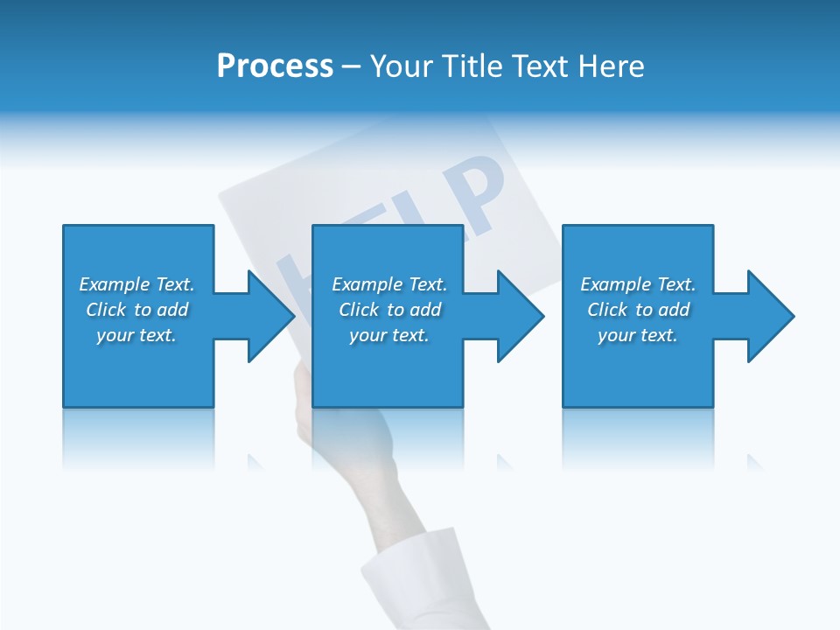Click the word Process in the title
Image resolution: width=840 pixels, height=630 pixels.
pyautogui.click(x=275, y=66)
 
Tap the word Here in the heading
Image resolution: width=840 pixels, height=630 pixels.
pyautogui.click(x=611, y=66)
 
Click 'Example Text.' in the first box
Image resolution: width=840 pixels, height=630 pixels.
pyautogui.click(x=136, y=284)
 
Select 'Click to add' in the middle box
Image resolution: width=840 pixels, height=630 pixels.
pyautogui.click(x=389, y=310)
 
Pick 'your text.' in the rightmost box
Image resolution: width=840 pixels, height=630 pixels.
pyautogui.click(x=638, y=335)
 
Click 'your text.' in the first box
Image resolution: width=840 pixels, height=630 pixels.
pyautogui.click(x=136, y=335)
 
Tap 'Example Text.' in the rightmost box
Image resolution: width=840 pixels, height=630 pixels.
pyautogui.click(x=638, y=284)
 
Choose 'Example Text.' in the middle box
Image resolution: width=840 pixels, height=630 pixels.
pyautogui.click(x=389, y=284)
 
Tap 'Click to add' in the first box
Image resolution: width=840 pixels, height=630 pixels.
pyautogui.click(x=136, y=310)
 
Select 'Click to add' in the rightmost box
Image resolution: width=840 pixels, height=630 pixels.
pyautogui.click(x=638, y=310)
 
